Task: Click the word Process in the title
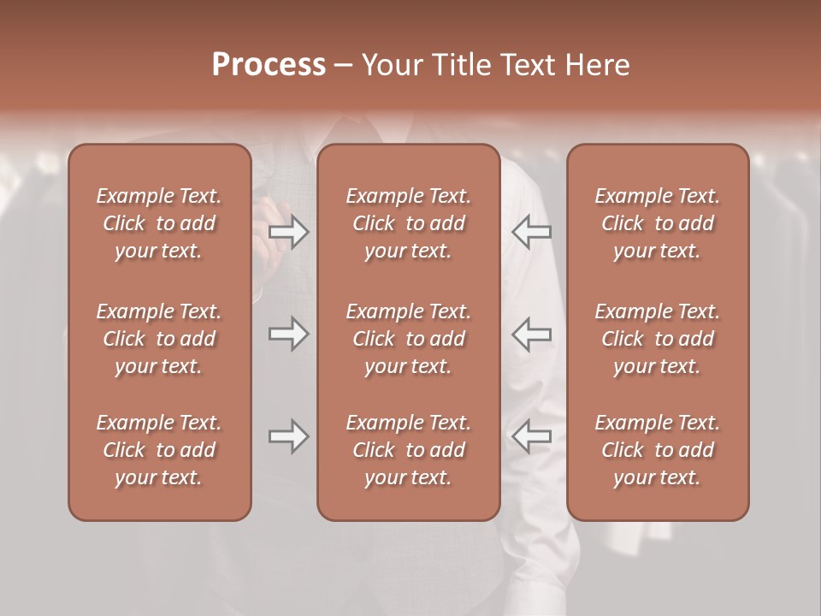tap(269, 65)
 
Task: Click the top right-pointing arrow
tap(289, 231)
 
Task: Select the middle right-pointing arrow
tap(289, 334)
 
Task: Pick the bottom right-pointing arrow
tap(289, 436)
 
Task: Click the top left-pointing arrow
tap(532, 231)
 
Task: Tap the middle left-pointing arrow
tap(532, 334)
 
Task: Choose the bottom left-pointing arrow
tap(532, 436)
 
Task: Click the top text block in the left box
tap(159, 223)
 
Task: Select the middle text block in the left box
tap(159, 339)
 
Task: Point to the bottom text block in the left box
tap(159, 450)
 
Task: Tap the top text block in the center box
tap(409, 223)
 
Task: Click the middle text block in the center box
tap(409, 339)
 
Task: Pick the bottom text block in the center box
tap(409, 450)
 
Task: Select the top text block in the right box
tap(658, 223)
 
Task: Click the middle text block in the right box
tap(658, 339)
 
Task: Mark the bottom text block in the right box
tap(658, 450)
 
